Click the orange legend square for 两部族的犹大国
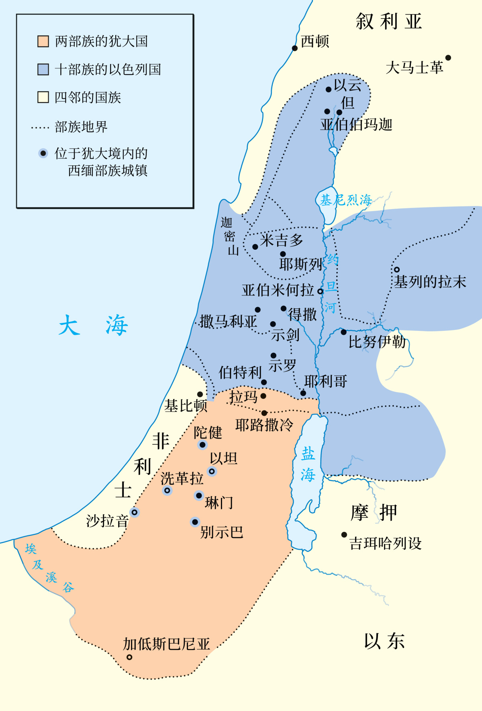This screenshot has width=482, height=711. (43, 41)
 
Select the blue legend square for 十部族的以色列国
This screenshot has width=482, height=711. (43, 69)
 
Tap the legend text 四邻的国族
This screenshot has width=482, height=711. (88, 98)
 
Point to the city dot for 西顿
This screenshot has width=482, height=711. (295, 48)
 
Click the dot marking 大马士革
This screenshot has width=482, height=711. (448, 58)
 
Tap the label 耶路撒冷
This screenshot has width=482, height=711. (264, 425)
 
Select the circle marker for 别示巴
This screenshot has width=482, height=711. (195, 522)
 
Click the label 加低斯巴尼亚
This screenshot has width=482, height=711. (166, 644)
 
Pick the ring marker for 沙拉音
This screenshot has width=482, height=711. (135, 512)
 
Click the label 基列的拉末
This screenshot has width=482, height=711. (430, 282)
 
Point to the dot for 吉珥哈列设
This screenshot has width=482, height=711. (344, 535)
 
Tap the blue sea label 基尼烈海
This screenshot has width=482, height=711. (346, 200)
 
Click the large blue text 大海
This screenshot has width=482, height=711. (93, 325)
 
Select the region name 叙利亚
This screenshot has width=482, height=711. (389, 22)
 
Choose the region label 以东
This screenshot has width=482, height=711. (384, 641)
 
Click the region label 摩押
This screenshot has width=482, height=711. (374, 513)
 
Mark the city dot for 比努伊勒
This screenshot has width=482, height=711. (343, 332)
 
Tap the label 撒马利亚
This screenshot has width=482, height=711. (228, 322)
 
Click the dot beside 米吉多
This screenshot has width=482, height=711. (255, 247)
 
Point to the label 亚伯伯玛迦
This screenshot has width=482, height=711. (356, 125)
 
